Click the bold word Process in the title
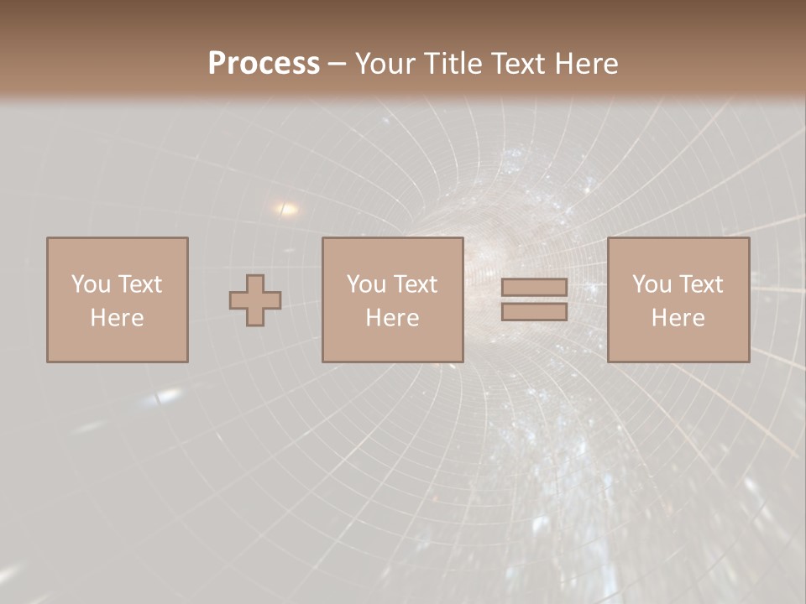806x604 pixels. [264, 64]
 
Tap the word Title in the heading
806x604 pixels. [454, 64]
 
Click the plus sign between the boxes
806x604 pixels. [255, 300]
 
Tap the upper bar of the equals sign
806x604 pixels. [534, 288]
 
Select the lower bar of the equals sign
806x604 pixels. [534, 312]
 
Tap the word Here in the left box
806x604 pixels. [118, 318]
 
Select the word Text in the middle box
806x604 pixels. [415, 284]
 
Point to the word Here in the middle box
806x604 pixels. [393, 318]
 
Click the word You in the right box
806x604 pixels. [652, 284]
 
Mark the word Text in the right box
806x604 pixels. [700, 284]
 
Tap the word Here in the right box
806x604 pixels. [678, 318]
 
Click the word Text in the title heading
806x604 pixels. [518, 64]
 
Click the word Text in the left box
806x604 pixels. [139, 284]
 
